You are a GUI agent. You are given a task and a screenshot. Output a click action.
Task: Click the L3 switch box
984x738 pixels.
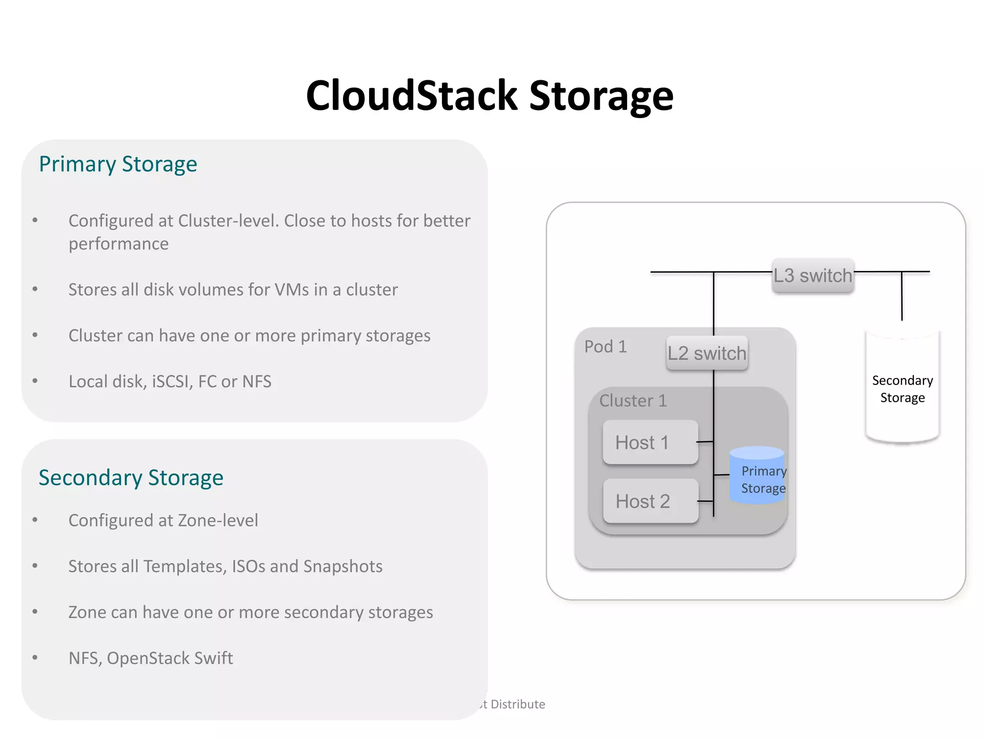pyautogui.click(x=812, y=276)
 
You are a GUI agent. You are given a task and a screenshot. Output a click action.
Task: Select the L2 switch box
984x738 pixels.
pyautogui.click(x=707, y=353)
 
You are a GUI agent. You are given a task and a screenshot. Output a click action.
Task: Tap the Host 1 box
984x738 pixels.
pyautogui.click(x=650, y=443)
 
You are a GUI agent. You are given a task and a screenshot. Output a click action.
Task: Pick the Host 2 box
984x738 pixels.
pyautogui.click(x=650, y=501)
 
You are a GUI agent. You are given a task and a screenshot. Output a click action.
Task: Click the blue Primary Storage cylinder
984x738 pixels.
pyautogui.click(x=757, y=476)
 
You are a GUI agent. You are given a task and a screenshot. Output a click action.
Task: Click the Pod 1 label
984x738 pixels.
pyautogui.click(x=605, y=346)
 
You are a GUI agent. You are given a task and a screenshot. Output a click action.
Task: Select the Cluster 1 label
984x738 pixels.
pyautogui.click(x=633, y=400)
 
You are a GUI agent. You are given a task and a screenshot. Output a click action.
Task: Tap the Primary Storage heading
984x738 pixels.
pyautogui.click(x=118, y=164)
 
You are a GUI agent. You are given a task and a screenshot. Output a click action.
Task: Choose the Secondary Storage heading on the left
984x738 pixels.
pyautogui.click(x=131, y=478)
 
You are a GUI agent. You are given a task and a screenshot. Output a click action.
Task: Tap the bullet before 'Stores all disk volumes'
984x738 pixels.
pyautogui.click(x=35, y=289)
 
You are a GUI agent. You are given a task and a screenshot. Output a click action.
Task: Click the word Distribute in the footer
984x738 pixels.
pyautogui.click(x=517, y=704)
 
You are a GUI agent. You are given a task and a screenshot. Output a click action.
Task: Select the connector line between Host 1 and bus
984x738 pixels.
pyautogui.click(x=705, y=442)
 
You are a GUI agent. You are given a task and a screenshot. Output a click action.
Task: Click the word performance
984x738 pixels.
pyautogui.click(x=119, y=244)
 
